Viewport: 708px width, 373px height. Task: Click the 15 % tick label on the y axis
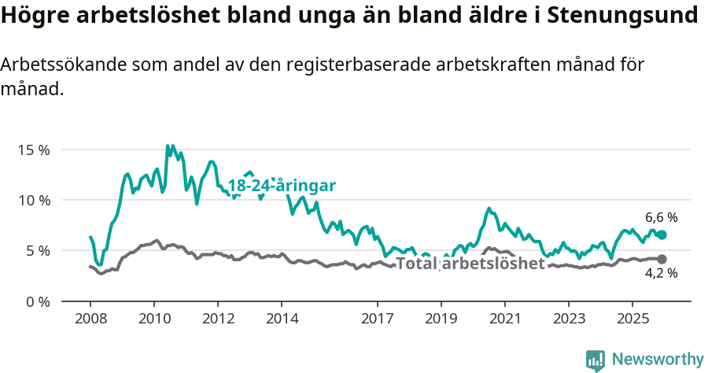click(33, 150)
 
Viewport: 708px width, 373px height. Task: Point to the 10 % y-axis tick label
click(33, 200)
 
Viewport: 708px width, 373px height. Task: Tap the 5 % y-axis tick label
click(36, 251)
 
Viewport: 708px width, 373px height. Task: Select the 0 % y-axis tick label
click(36, 301)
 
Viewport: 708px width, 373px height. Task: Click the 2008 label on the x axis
click(90, 319)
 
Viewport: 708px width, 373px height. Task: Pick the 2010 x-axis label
click(154, 319)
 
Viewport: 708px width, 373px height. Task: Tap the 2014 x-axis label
click(282, 319)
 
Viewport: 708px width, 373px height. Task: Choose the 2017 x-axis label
click(377, 319)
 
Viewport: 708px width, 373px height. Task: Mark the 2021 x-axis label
click(504, 319)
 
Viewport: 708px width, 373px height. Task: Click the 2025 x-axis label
click(632, 319)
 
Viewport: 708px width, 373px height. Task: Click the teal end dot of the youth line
click(662, 235)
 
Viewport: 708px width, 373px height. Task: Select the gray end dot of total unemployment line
click(662, 259)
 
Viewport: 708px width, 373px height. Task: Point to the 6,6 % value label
click(661, 217)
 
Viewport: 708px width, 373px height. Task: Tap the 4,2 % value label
click(661, 274)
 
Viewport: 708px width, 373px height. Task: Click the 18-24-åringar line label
click(282, 186)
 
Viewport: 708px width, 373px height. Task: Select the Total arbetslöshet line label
click(470, 264)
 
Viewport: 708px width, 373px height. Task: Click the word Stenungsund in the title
click(621, 16)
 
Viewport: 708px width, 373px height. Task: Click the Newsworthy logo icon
click(595, 360)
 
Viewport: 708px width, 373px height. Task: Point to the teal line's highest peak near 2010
click(168, 146)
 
